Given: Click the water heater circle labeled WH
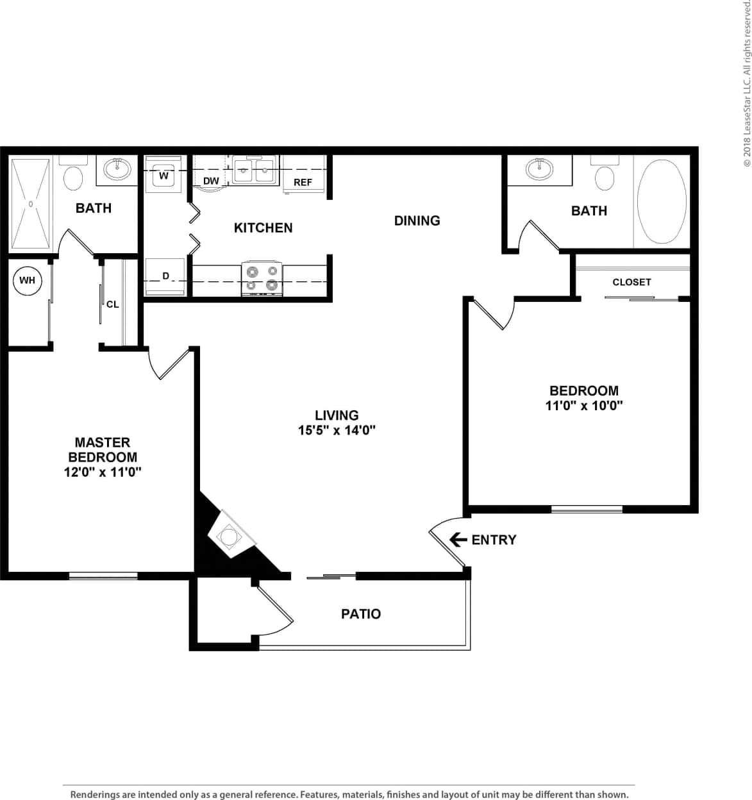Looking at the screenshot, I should [27, 280].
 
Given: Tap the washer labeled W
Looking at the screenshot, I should [164, 175].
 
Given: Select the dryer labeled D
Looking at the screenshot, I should [165, 277].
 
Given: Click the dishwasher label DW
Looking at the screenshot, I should [211, 181].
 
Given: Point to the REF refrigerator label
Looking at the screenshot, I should [303, 183].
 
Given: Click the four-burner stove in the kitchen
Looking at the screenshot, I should [262, 278].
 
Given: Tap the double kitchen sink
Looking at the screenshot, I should [254, 171].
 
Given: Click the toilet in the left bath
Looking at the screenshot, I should [74, 177].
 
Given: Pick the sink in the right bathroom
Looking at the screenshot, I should [539, 169].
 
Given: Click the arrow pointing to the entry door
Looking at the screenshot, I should [458, 540].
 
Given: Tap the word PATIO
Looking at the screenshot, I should [361, 614].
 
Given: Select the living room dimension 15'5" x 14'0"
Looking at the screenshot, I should [337, 430].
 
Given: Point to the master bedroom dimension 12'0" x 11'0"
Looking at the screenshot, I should [103, 472].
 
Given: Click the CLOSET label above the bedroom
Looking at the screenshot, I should [631, 282].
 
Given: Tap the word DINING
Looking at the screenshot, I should [417, 221].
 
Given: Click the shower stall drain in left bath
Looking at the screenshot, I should [29, 204].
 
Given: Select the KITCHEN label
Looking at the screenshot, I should [263, 228].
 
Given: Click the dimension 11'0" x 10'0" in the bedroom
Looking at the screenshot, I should [584, 405].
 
